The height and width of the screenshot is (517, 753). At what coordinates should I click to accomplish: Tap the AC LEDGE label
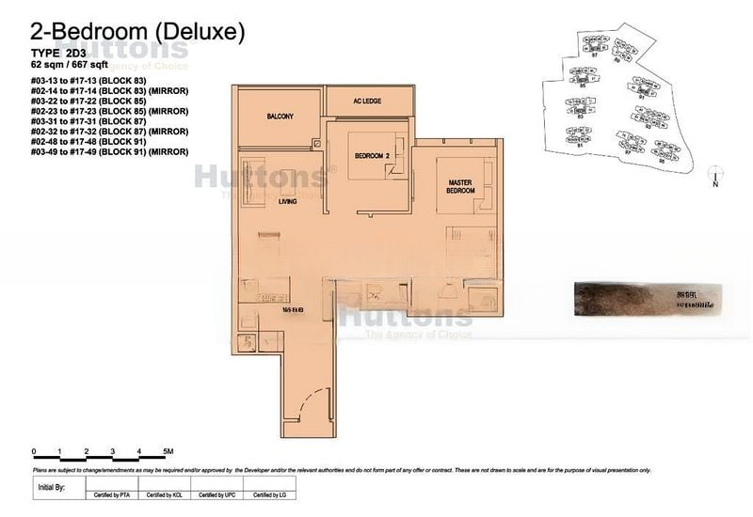click(367, 101)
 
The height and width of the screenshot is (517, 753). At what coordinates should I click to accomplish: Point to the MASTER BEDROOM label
click(461, 187)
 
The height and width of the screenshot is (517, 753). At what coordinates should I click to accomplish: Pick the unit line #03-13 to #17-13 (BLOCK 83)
click(82, 83)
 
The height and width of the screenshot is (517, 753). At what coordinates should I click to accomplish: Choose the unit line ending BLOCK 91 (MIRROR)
click(96, 151)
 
